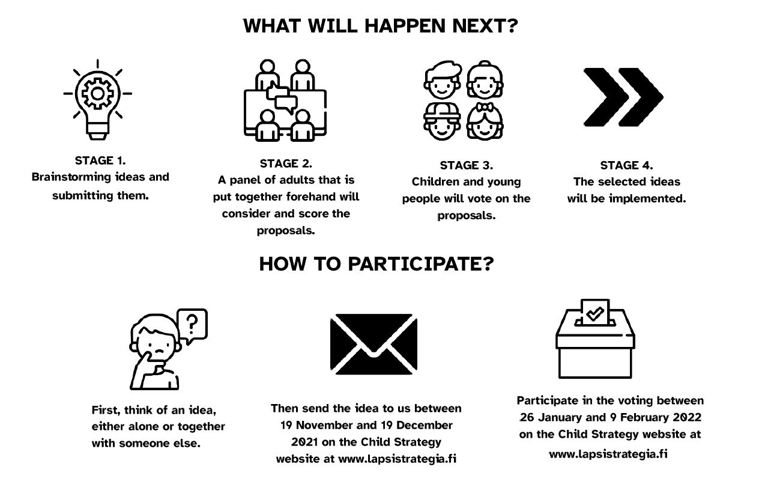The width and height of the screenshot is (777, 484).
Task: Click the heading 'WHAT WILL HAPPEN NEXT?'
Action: click(x=381, y=26)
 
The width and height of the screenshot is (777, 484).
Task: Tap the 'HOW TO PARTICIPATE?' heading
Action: click(x=376, y=264)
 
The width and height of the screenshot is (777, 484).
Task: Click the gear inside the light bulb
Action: click(x=97, y=93)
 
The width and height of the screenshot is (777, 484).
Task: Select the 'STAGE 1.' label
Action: click(x=100, y=161)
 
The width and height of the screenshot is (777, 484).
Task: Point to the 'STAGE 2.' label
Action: click(x=286, y=163)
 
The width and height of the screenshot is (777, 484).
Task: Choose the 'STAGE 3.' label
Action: click(x=466, y=165)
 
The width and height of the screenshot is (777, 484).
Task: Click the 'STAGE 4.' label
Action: click(x=626, y=165)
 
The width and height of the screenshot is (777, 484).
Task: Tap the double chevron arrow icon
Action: click(x=623, y=97)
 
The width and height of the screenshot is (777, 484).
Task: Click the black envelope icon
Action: click(x=373, y=344)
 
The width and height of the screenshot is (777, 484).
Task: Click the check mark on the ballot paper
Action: click(x=594, y=314)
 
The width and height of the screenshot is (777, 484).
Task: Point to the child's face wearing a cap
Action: click(x=442, y=121)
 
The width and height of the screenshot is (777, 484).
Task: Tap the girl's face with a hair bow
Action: click(x=485, y=121)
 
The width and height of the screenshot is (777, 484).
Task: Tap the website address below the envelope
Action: click(x=397, y=459)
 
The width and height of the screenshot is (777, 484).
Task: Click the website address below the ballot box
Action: click(x=608, y=454)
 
